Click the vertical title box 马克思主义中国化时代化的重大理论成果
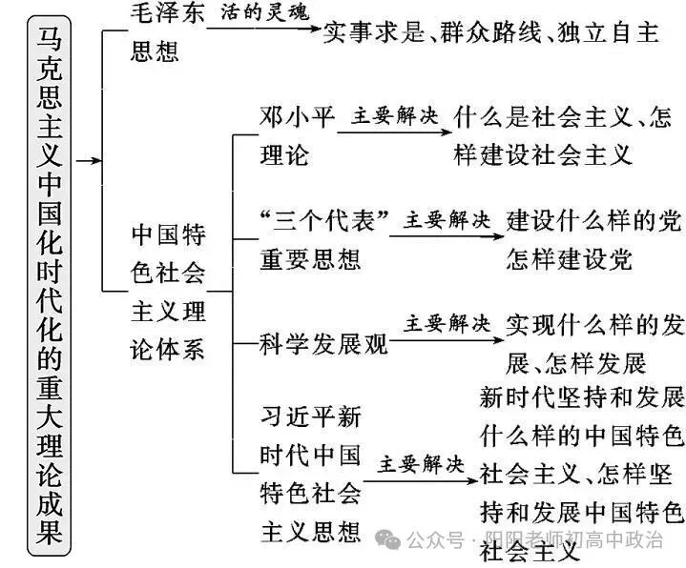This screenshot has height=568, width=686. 49,286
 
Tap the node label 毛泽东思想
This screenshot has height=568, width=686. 167,31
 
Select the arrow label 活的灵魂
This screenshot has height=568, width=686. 264,12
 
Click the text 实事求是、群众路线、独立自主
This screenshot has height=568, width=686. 490,32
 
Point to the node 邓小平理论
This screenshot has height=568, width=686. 298,136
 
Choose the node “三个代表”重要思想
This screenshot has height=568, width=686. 323,240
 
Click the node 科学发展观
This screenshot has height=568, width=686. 323,344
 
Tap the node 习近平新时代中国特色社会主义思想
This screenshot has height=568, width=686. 311,474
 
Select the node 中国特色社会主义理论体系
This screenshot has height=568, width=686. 168,293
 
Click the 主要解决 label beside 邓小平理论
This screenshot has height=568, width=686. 395,116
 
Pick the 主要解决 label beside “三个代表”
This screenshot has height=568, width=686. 447,220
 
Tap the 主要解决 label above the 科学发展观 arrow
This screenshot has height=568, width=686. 447,324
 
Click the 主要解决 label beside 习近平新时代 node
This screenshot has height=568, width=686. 421,464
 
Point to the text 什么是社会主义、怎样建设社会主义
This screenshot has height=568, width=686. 563,136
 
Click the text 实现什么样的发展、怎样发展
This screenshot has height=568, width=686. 595,344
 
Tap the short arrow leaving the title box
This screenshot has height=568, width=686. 89,161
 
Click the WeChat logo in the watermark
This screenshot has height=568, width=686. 387,539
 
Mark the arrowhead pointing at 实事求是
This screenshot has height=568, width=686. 316,29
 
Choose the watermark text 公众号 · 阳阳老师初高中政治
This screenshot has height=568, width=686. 534,540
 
